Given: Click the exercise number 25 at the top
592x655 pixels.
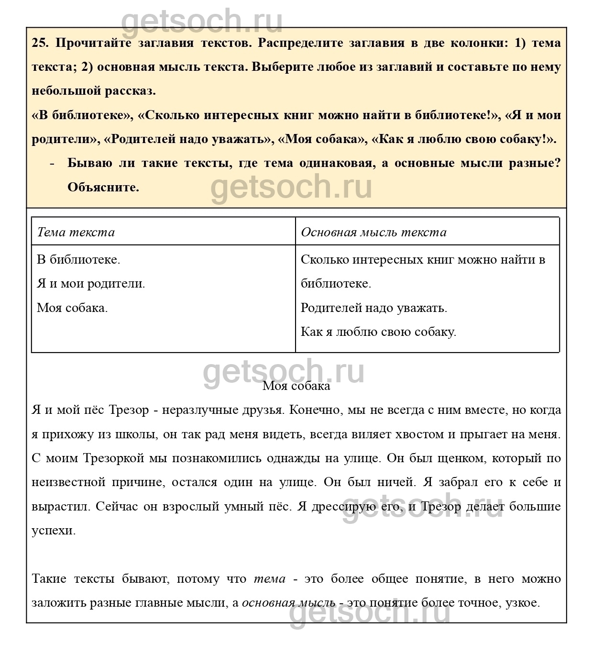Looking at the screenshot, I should pos(40,43).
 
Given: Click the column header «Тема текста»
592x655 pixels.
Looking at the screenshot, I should pos(76,233).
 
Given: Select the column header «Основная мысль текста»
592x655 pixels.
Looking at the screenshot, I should pos(373,233).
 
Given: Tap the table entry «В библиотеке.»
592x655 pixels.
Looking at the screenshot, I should pos(78,260).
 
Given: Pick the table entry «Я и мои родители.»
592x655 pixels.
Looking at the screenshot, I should pos(91,284).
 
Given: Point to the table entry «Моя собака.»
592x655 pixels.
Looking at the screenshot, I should pos(72,308).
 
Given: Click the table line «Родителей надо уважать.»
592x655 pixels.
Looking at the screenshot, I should pos(374,308).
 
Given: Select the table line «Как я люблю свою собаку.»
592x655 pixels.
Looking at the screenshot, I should pos(378,332).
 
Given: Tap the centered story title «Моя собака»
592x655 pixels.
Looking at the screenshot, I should pos(296,386).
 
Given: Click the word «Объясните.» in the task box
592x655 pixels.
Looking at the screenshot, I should pos(103,187).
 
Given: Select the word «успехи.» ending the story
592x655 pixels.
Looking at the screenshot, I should pos(54,531).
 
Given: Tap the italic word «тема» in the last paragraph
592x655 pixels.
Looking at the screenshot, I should pos(269,579).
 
